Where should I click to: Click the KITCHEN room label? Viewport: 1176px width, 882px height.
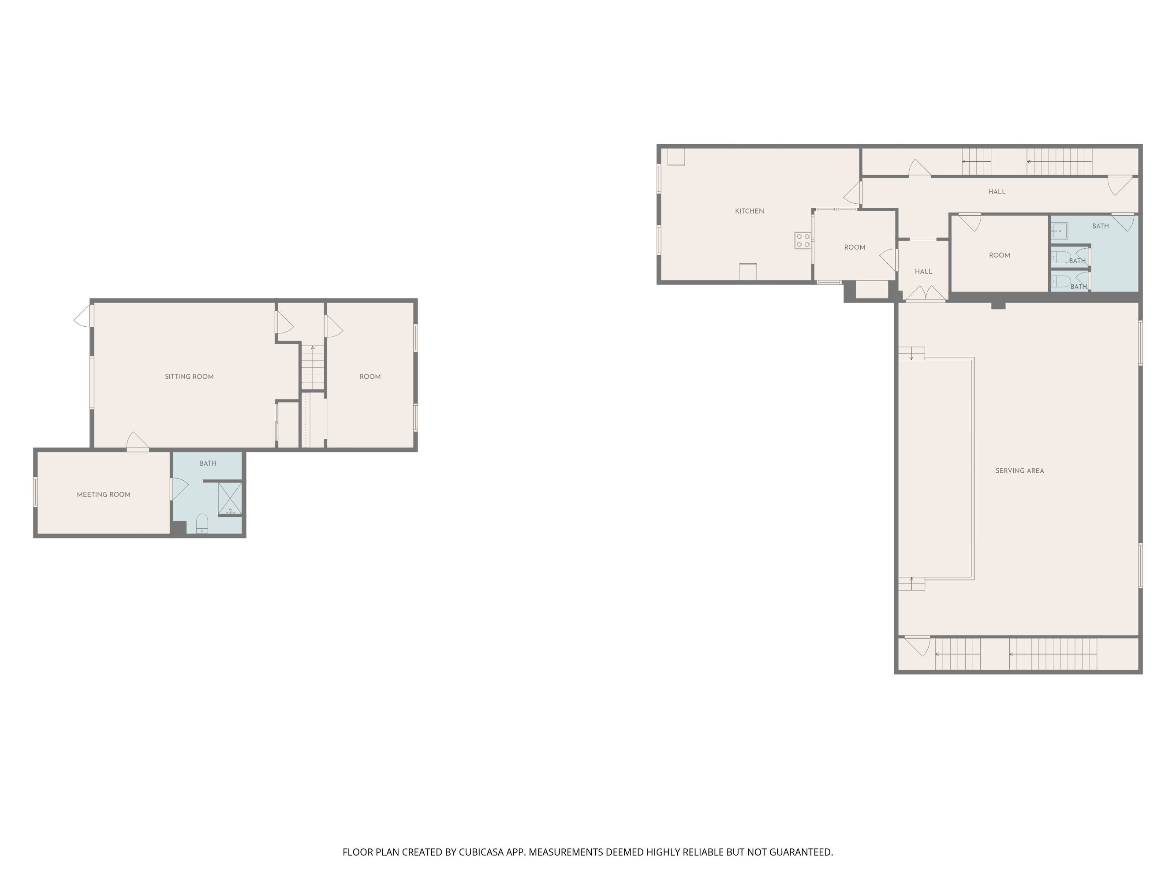[749, 211]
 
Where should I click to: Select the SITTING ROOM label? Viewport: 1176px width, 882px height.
[189, 377]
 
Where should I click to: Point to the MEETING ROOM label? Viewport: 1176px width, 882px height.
[104, 494]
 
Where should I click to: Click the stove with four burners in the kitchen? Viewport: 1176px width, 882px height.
[803, 240]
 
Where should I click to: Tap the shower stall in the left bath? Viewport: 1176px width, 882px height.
[230, 499]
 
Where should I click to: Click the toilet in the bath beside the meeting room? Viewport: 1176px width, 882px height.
[202, 523]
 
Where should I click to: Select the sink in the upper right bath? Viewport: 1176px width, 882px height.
[1057, 231]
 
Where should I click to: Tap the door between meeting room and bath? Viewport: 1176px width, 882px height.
[179, 489]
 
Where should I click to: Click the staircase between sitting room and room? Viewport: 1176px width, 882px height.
[313, 367]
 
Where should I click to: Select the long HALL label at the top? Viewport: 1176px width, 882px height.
[997, 192]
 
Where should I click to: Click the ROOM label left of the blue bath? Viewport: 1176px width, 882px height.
[1000, 255]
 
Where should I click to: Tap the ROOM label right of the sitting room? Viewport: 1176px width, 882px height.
[370, 377]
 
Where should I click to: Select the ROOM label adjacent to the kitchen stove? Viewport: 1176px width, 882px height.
[855, 247]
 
